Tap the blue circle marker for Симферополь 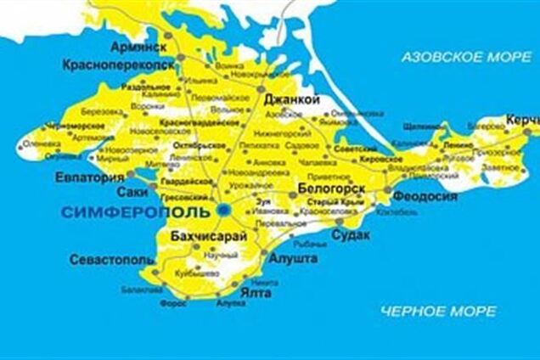[x=223, y=208]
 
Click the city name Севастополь [x=110, y=257]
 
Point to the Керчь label [x=520, y=120]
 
